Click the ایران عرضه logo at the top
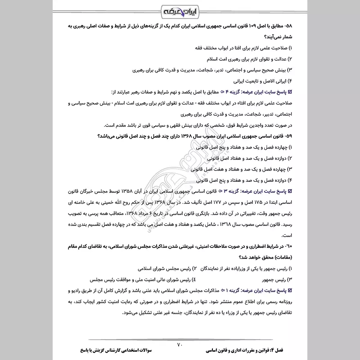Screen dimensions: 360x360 pyautogui.click(x=180, y=10)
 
